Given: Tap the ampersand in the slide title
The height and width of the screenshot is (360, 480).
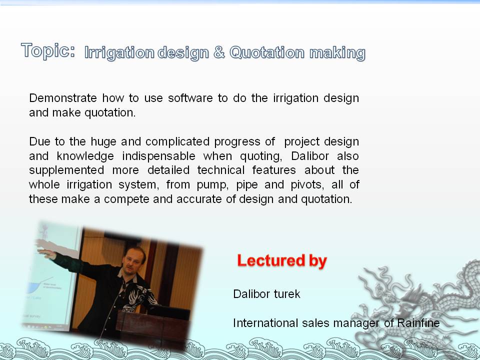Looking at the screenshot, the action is click(219, 52).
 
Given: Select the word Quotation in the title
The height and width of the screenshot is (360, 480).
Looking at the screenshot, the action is click(267, 52).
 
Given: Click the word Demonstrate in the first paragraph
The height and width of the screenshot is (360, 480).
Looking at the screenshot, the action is click(63, 98).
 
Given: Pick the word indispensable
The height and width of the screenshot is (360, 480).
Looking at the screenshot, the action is click(158, 156).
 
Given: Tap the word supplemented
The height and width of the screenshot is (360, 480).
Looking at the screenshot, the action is click(66, 170).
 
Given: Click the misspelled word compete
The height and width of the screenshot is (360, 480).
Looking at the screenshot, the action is click(126, 199).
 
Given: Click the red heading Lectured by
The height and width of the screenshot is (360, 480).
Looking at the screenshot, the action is click(282, 261).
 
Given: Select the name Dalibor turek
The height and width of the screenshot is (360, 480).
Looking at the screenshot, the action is click(266, 294).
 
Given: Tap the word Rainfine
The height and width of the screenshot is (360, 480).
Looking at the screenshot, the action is click(418, 323).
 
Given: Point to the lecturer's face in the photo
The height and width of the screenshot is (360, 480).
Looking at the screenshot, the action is click(134, 261).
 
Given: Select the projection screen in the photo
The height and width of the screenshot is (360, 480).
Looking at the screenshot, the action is click(50, 275).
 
